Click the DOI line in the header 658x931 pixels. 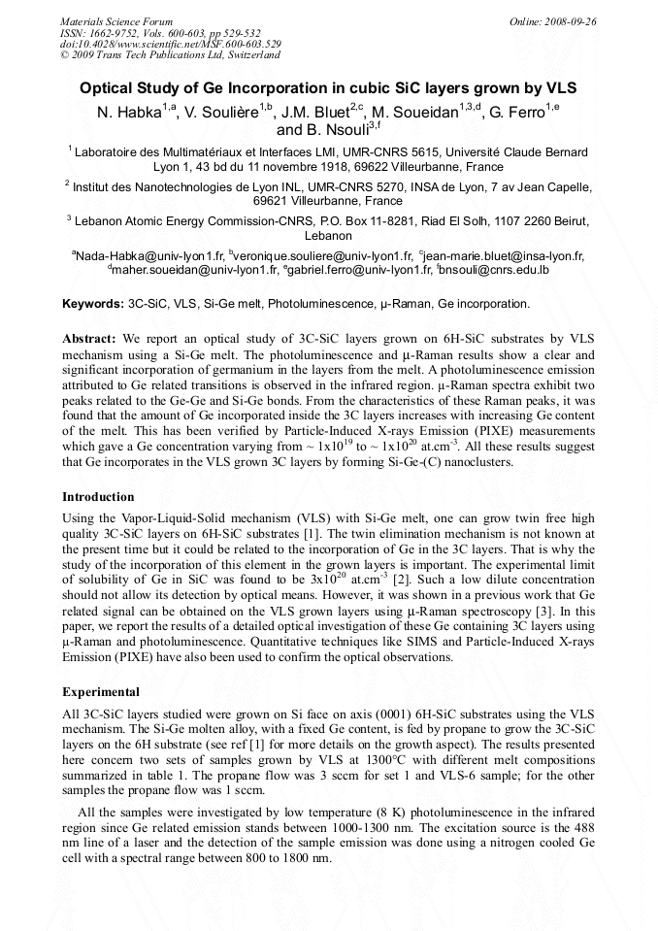[x=171, y=44]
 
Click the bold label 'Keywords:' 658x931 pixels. [x=93, y=304]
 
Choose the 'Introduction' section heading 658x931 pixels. [x=98, y=497]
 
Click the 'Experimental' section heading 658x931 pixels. [x=101, y=693]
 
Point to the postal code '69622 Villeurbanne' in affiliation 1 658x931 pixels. [x=449, y=167]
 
